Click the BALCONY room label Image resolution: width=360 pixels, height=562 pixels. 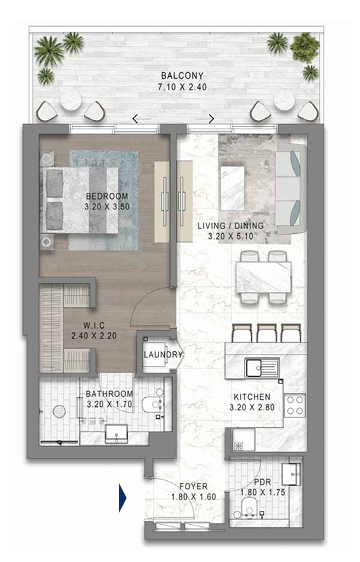point(182,76)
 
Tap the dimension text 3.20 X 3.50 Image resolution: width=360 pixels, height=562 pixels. point(107,207)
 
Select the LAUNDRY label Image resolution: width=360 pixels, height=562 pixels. point(163,355)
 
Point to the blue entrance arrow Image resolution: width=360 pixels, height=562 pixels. point(123,498)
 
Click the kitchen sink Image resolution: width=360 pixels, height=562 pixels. point(262,367)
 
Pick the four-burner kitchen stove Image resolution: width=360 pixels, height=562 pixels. point(295,405)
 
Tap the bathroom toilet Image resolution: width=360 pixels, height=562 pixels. point(152,404)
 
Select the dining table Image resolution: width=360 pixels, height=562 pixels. point(263,277)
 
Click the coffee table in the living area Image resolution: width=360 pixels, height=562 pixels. point(233,188)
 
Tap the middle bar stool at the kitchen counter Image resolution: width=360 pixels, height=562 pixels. point(266,333)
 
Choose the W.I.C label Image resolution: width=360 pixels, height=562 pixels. point(94,325)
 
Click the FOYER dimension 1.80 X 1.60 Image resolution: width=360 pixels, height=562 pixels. point(194,497)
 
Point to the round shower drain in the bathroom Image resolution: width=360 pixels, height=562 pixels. point(59,411)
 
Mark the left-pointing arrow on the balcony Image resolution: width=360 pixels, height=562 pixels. point(135,119)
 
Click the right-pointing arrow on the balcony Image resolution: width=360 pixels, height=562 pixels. point(212,119)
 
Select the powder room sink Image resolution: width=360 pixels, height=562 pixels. point(292,474)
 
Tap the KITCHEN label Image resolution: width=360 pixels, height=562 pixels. point(252,397)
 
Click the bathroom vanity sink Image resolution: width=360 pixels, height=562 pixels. point(116,434)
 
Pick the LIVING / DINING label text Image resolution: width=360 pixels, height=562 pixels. point(231,226)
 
